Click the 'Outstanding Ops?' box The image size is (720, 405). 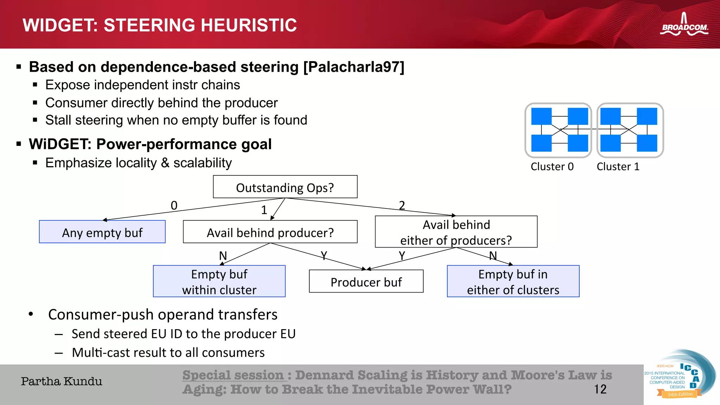285,187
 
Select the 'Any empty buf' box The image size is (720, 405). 102,232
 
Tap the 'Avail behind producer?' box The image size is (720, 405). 270,232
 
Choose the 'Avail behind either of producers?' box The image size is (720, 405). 456,232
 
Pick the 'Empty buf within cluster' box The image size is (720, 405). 219,281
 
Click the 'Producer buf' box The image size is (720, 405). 366,282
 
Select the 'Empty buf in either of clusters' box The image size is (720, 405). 513,281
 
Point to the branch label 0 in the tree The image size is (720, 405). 174,205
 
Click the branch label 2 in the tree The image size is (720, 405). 402,205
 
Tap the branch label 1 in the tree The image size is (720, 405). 264,210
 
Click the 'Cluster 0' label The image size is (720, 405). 552,166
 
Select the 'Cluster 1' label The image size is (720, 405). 618,166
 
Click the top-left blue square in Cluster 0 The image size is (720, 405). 541,116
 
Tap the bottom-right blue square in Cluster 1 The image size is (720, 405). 647,143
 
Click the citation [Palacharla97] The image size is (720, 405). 354,67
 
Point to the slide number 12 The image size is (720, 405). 600,389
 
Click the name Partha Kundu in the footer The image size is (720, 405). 62,381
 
